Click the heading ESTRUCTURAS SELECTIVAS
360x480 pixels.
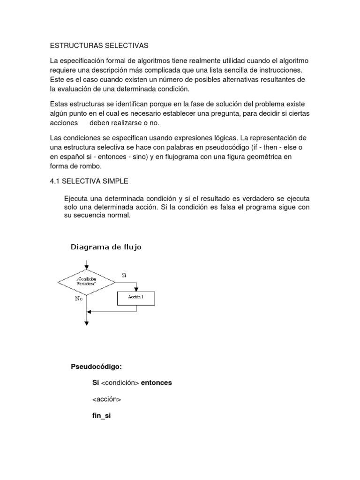click(x=98, y=45)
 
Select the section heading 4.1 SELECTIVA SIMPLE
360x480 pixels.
click(x=89, y=180)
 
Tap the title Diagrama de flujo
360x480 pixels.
click(x=106, y=247)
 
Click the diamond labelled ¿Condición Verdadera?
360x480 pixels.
click(x=87, y=282)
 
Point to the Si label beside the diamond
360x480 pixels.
click(x=124, y=275)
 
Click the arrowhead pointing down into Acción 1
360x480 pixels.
click(x=136, y=289)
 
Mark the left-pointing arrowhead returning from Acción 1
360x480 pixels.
click(x=90, y=311)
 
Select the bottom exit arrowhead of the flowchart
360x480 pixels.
click(x=87, y=322)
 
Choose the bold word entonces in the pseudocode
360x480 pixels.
click(x=157, y=382)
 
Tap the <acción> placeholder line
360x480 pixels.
click(x=107, y=399)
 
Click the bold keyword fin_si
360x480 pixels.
click(x=102, y=416)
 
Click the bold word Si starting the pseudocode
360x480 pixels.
click(x=96, y=382)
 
